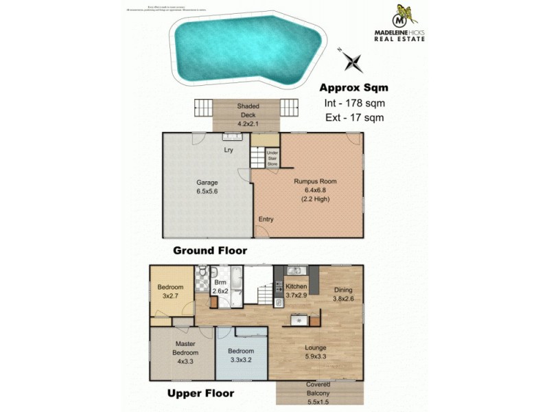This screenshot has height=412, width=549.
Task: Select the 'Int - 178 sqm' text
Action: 354,103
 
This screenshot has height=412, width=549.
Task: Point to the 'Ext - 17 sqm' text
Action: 354,117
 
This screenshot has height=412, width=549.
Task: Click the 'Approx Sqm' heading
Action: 354,87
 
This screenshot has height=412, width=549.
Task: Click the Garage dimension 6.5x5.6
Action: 207,192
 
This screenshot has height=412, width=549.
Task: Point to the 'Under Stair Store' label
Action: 272,158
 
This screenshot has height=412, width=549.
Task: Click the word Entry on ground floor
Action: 266,219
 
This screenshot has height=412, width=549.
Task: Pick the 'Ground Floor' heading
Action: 209,251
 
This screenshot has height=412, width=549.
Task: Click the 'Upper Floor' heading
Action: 200,393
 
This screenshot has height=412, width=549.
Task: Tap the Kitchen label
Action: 296,286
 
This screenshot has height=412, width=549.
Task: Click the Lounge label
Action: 316,347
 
